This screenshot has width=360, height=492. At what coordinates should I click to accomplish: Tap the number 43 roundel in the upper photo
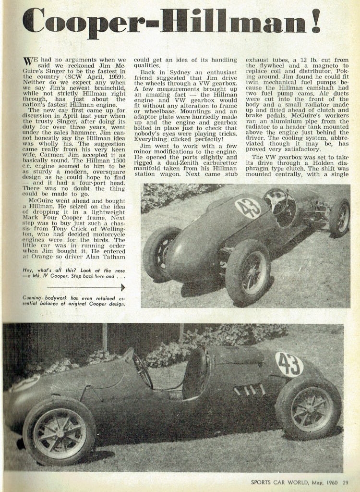click(248, 208)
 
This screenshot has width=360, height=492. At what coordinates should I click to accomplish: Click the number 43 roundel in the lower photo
click(289, 364)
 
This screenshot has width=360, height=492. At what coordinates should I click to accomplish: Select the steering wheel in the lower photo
click(143, 370)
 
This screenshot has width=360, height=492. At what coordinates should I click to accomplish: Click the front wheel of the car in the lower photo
click(59, 431)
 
